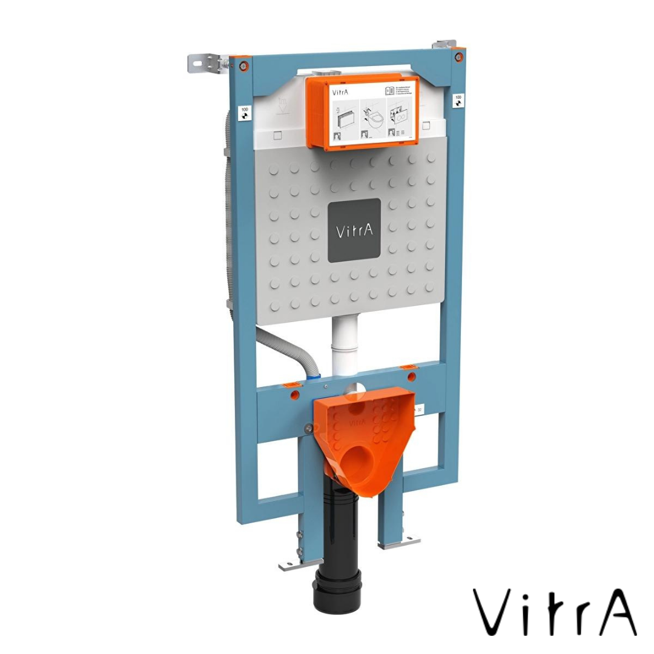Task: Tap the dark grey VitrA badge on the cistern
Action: [354, 231]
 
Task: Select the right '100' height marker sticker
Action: [458, 99]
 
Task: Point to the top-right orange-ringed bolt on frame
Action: [458, 58]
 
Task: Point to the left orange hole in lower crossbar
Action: [296, 394]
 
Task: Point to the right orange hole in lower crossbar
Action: [412, 377]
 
